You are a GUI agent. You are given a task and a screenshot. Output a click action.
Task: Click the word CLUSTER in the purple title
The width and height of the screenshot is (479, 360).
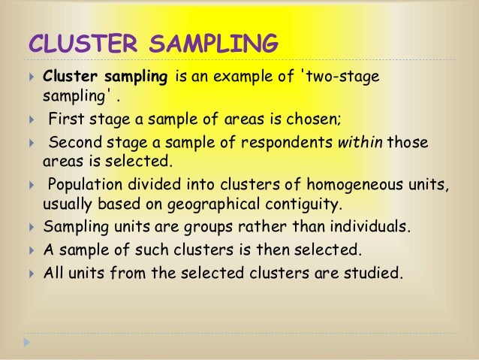click(x=80, y=44)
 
